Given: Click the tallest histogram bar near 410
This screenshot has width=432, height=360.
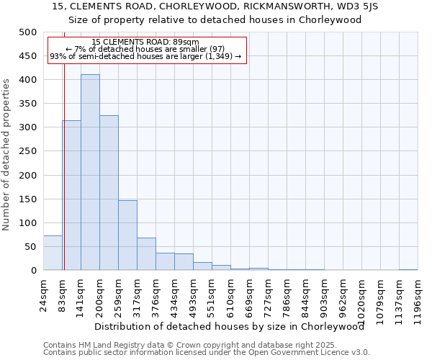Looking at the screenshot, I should coord(90,173).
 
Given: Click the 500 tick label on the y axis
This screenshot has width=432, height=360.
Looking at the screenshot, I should coord(27,32).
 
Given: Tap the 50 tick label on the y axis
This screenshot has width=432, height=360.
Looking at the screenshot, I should coord(30,247).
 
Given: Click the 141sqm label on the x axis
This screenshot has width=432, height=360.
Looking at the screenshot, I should coord(81,294).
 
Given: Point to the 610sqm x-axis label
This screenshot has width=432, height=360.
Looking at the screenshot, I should coord(231,294).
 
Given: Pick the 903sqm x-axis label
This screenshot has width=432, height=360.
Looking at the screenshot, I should coord(325,294).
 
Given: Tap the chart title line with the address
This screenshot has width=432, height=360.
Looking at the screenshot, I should coord(215,6).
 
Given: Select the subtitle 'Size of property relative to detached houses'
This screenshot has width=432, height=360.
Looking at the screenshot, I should coord(215,20).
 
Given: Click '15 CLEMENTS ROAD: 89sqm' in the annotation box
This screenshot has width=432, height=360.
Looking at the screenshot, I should coord(145,42).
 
